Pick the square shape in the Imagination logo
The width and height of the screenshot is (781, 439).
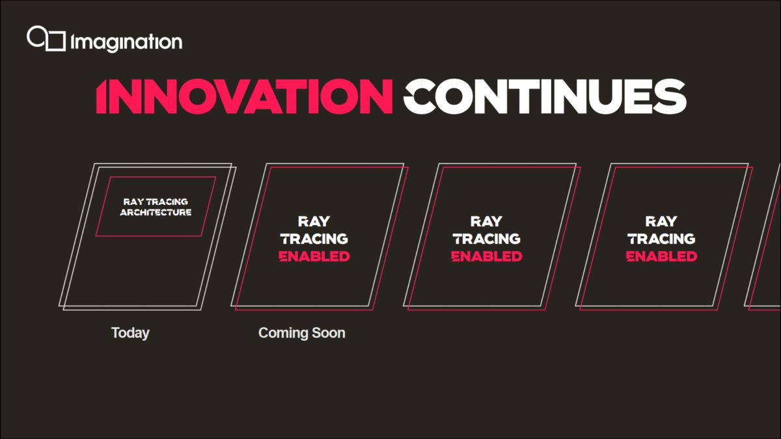(56, 40)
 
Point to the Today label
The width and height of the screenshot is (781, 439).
(130, 333)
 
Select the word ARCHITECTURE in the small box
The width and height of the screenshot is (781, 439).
(156, 213)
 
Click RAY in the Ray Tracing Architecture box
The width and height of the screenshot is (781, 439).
(134, 202)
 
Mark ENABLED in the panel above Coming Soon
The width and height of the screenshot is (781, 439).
(314, 256)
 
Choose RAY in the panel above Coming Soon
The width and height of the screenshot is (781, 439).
(314, 222)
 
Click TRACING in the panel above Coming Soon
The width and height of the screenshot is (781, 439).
(314, 239)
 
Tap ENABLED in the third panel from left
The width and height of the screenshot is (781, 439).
(487, 256)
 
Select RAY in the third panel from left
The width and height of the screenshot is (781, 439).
(487, 222)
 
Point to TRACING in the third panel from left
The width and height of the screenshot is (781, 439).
(487, 239)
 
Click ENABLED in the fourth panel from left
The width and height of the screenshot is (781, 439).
(662, 256)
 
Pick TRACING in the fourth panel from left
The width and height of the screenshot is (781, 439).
(662, 239)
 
